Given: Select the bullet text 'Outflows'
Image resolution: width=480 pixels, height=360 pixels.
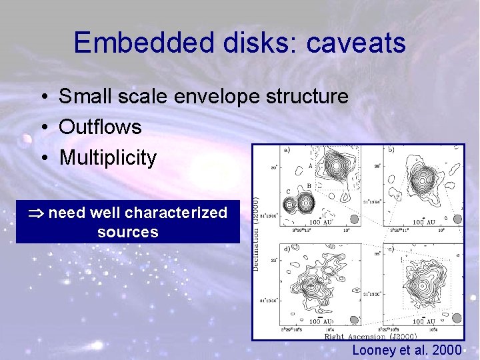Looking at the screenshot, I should [x=100, y=127].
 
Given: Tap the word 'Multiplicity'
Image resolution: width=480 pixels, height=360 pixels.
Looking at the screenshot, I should [x=108, y=158].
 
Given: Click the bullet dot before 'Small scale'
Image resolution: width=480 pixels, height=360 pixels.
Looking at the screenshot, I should [x=42, y=97].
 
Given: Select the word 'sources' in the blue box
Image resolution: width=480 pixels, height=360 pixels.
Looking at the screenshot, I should [x=127, y=232].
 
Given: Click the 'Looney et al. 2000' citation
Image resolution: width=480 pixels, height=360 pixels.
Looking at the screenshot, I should [x=406, y=350].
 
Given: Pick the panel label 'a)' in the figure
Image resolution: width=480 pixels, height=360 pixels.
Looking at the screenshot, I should [x=286, y=151].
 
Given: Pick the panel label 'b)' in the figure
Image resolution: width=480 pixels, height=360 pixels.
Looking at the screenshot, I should [x=390, y=151].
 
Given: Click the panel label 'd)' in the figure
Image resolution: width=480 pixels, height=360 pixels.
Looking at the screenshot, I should [x=286, y=249].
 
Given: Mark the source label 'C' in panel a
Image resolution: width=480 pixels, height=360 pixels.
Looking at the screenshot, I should [x=288, y=191].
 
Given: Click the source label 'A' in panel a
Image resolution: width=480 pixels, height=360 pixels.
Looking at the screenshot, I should [x=309, y=166].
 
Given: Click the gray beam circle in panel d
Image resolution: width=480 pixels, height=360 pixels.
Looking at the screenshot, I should [x=353, y=317].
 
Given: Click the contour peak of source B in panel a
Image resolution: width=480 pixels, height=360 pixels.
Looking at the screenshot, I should [x=309, y=201].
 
